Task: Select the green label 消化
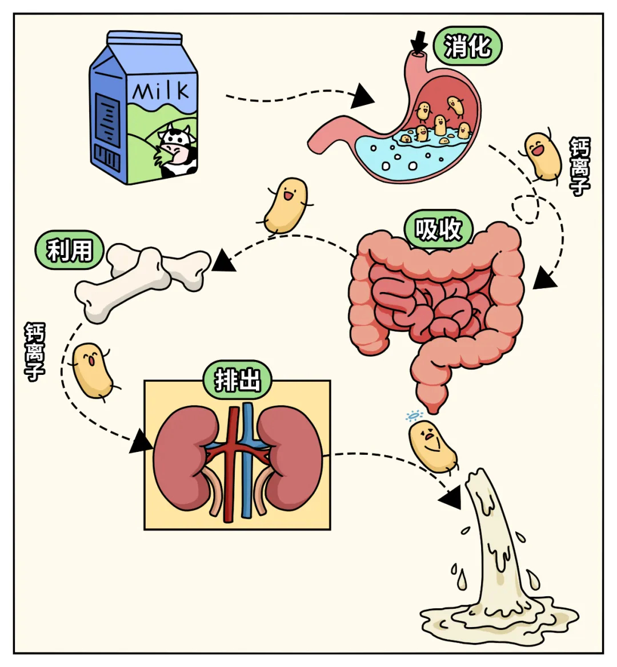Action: [x=467, y=46]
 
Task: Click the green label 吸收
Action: [x=438, y=229]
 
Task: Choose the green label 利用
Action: [x=69, y=250]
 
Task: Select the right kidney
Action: [x=291, y=456]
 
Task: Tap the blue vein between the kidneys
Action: [x=247, y=456]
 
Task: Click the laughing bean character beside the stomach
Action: [x=543, y=156]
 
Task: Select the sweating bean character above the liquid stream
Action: [x=432, y=446]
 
